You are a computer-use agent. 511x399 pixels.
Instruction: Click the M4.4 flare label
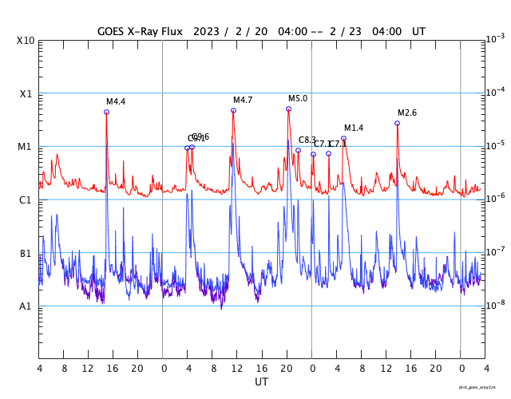click(116, 101)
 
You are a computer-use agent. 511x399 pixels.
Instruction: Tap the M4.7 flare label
click(243, 100)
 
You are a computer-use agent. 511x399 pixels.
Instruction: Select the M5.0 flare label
click(298, 98)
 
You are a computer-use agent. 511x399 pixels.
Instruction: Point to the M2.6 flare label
click(407, 113)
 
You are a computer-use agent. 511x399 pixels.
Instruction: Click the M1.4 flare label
click(354, 128)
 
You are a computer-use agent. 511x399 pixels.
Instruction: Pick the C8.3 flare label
click(307, 140)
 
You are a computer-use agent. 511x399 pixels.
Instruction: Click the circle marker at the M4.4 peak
click(106, 112)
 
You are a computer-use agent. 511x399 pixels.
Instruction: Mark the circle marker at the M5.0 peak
click(288, 109)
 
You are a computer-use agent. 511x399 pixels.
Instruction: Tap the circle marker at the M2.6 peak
click(397, 123)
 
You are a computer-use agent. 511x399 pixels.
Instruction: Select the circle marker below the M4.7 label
click(233, 110)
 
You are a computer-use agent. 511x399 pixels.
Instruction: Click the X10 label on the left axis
click(25, 41)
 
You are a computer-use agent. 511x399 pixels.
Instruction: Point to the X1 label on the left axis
click(26, 93)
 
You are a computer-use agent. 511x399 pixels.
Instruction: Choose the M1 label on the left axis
click(26, 147)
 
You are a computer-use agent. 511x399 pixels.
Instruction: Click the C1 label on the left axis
click(26, 199)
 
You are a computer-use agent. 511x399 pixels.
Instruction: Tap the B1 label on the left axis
click(26, 253)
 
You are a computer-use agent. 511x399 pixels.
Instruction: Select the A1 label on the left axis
click(26, 306)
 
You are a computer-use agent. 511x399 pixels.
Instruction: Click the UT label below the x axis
click(262, 381)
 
